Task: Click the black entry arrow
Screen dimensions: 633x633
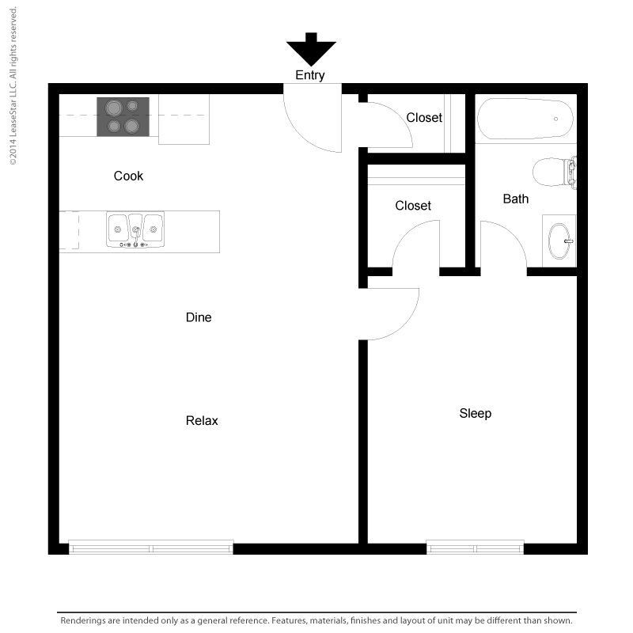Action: tap(311, 51)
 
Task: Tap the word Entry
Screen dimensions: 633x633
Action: tap(310, 75)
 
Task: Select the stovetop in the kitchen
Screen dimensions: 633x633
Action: tap(123, 116)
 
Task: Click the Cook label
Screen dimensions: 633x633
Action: tap(128, 176)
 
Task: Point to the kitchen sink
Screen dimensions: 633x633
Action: tap(135, 230)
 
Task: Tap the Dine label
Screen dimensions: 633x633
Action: tap(199, 317)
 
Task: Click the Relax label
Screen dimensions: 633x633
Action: tap(202, 421)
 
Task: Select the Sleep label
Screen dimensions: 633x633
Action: tap(476, 413)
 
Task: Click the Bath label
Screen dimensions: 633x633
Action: tap(516, 199)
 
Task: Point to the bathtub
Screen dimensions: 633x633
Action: tap(525, 119)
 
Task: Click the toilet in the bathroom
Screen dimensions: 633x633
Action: tap(555, 172)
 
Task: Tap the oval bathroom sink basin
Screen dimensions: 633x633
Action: tap(560, 241)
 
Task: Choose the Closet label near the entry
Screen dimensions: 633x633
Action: tap(424, 117)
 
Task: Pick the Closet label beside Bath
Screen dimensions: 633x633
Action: tap(413, 206)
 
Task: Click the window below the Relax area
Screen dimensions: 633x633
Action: tap(151, 548)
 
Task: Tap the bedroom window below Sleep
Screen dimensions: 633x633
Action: tap(476, 548)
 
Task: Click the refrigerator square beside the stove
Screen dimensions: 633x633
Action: tap(184, 119)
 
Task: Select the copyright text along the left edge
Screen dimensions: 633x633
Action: tap(13, 86)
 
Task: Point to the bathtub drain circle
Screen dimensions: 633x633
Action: tap(556, 119)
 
